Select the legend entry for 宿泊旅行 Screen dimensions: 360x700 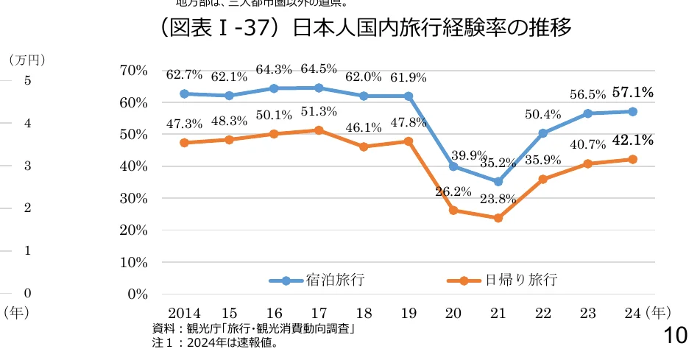[317, 280]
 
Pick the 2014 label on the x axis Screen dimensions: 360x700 [184, 313]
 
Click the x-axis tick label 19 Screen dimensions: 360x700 [409, 313]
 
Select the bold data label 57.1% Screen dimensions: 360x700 [633, 92]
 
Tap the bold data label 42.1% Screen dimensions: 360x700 [633, 140]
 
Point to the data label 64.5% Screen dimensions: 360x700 [318, 68]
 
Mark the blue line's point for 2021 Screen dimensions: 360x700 [498, 182]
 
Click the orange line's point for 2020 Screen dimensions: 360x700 [453, 211]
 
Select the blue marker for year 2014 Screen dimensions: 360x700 [184, 93]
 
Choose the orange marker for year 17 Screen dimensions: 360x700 [319, 130]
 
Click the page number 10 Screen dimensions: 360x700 [675, 336]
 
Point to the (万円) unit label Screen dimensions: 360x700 [21, 58]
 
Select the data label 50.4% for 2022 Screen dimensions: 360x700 [543, 114]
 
